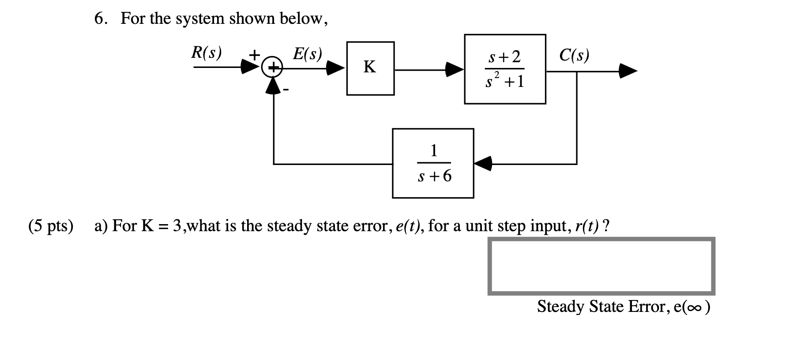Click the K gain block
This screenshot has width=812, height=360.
(x=370, y=68)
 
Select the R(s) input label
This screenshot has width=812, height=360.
(x=207, y=53)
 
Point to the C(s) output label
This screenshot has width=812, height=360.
(x=574, y=55)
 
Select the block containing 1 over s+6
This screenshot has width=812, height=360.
(x=433, y=163)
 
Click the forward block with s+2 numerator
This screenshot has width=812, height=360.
(x=505, y=69)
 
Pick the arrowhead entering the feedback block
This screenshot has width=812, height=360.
(x=483, y=163)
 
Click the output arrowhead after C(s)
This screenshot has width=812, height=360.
(x=628, y=71)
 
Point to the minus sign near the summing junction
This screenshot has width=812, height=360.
(x=286, y=90)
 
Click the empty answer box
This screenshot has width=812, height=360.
(x=601, y=266)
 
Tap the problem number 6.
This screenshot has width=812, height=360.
(x=100, y=19)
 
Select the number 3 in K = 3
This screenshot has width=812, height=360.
(x=177, y=226)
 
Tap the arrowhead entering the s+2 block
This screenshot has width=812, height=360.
(x=455, y=69)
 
